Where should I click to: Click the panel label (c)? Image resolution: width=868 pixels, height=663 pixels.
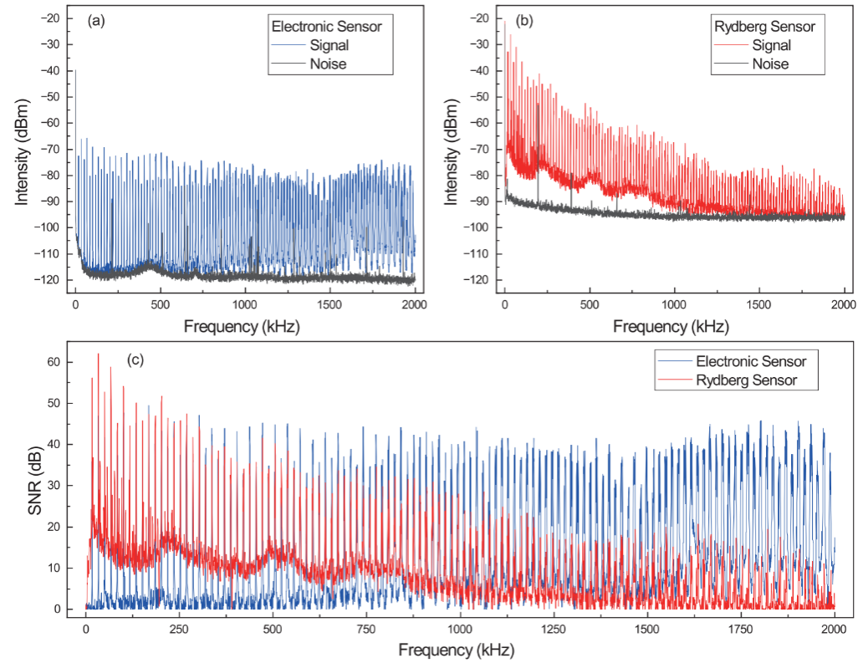coord(135,360)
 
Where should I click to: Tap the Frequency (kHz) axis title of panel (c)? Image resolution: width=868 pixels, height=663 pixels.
coord(456,649)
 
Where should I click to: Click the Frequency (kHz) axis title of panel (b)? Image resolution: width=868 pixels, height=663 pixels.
coord(671,326)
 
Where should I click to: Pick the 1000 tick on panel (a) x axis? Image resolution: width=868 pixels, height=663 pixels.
coord(245,303)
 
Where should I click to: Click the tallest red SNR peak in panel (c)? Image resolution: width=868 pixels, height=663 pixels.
coord(98,354)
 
